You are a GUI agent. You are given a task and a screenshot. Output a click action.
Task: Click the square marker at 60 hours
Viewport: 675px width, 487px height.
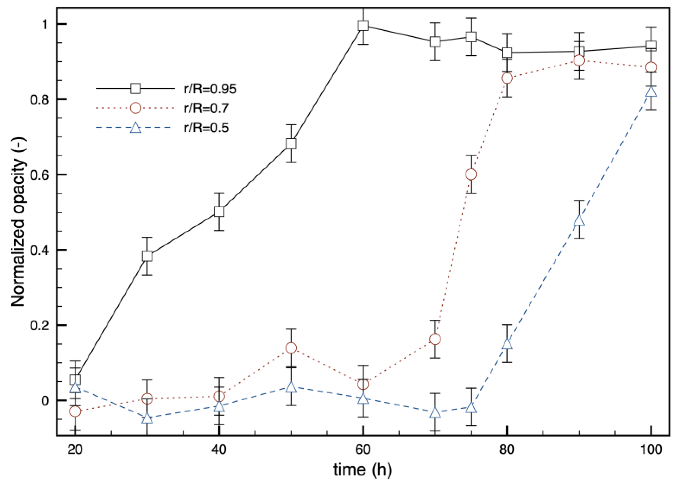pos(363,26)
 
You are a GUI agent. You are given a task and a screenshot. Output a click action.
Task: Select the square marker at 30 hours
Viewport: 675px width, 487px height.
pos(147,256)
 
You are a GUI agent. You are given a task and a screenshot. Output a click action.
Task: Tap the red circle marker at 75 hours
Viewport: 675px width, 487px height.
pos(471,174)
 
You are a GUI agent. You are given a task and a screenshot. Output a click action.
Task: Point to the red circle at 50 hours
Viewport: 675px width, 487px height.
pos(291,348)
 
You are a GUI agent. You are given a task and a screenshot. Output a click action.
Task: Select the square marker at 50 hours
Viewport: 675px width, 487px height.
pos(291,143)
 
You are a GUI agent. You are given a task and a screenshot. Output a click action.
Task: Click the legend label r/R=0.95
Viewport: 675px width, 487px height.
pos(210,89)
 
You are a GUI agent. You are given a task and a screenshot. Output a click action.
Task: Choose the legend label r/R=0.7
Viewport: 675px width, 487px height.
pos(206,108)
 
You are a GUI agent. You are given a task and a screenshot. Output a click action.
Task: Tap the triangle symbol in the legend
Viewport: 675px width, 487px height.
pos(135,128)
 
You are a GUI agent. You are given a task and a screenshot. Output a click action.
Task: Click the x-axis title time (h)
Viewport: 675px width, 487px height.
pos(362,470)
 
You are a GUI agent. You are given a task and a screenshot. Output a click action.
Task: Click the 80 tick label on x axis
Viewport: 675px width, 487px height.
pos(506,449)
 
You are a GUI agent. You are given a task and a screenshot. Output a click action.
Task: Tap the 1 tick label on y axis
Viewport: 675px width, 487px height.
pos(45,24)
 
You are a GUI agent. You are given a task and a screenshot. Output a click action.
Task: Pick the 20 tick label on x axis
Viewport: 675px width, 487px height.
pos(75,449)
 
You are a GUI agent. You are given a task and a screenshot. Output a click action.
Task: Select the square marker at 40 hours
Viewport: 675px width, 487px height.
pos(219,212)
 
